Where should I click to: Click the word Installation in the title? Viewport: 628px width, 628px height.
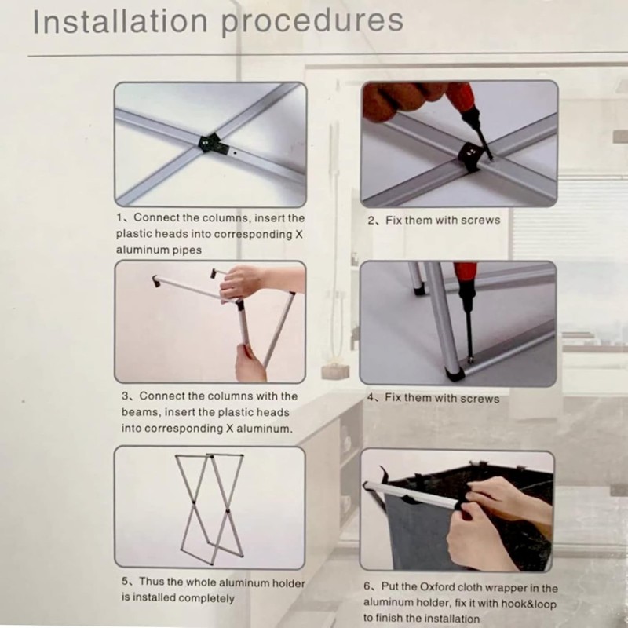click(120, 22)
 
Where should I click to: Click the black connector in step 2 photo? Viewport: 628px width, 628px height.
click(470, 155)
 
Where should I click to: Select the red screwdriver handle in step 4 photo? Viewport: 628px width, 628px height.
click(466, 276)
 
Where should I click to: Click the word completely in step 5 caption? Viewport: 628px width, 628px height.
click(206, 598)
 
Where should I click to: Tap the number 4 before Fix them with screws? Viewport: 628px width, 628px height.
click(371, 397)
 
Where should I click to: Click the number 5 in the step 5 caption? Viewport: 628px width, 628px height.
click(125, 581)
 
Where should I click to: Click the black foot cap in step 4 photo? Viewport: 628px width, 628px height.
click(455, 374)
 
